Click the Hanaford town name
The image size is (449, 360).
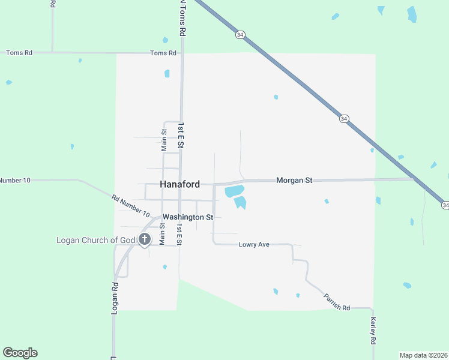(180, 185)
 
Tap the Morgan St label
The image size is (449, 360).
(294, 180)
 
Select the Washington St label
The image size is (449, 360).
(188, 217)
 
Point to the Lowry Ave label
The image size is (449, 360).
(255, 244)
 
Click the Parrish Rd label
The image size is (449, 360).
(337, 302)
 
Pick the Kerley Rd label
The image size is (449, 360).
(373, 331)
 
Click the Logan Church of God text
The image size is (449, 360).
(96, 240)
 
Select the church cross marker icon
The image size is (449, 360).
(145, 239)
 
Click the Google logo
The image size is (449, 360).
(20, 353)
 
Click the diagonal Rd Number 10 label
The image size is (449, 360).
(130, 205)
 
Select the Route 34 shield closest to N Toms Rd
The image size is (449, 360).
(240, 35)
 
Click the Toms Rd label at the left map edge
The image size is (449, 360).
(19, 53)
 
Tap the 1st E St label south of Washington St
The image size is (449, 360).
(179, 234)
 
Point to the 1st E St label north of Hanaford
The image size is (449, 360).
(179, 135)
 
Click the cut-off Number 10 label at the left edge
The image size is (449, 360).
(14, 180)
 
